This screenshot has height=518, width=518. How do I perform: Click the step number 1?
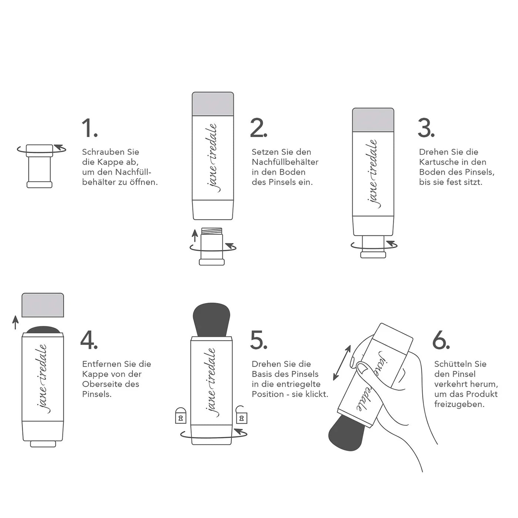tap(89, 128)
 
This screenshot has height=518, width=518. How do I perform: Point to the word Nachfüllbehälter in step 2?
tap(285, 162)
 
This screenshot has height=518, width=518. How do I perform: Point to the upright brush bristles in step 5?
tap(211, 319)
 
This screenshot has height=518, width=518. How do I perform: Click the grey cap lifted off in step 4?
tap(43, 305)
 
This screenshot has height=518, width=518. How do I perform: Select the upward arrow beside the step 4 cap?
tap(15, 322)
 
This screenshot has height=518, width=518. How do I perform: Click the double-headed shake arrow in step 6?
tap(342, 363)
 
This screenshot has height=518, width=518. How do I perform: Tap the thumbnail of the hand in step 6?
tap(363, 368)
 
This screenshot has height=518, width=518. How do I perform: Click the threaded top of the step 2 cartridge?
tap(212, 232)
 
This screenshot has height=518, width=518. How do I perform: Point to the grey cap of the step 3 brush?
tap(373, 120)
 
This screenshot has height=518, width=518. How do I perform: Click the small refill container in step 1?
tap(40, 166)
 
